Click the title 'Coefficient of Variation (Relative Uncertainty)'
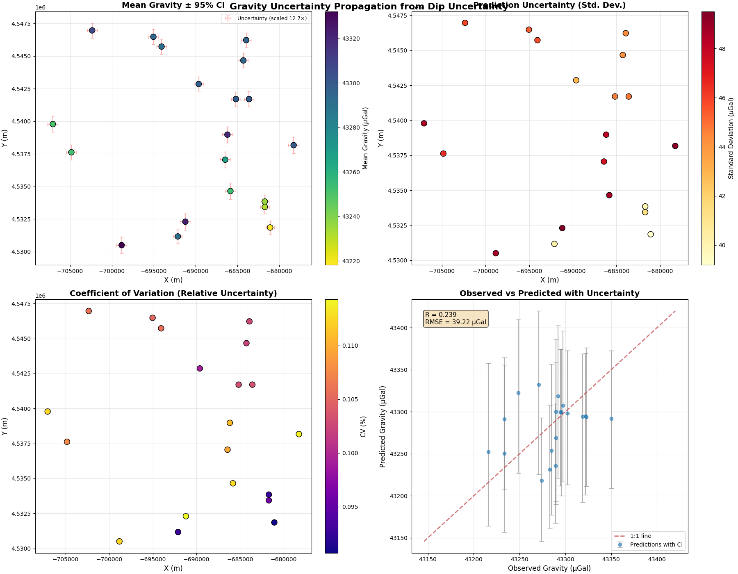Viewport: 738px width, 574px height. click(173, 293)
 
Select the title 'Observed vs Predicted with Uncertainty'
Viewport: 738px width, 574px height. click(549, 293)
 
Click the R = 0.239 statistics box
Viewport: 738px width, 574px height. click(456, 319)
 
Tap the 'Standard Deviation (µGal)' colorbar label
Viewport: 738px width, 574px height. click(731, 138)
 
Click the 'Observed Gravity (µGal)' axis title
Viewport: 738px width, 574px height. click(549, 568)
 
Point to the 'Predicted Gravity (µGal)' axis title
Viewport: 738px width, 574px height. click(383, 426)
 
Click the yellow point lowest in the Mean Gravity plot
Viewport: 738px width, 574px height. click(270, 228)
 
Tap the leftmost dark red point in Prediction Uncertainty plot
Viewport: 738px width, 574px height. click(424, 123)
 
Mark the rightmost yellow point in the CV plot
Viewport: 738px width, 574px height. click(298, 434)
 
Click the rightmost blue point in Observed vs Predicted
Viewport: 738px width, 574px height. click(611, 419)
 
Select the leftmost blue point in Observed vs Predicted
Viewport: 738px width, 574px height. click(488, 452)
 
